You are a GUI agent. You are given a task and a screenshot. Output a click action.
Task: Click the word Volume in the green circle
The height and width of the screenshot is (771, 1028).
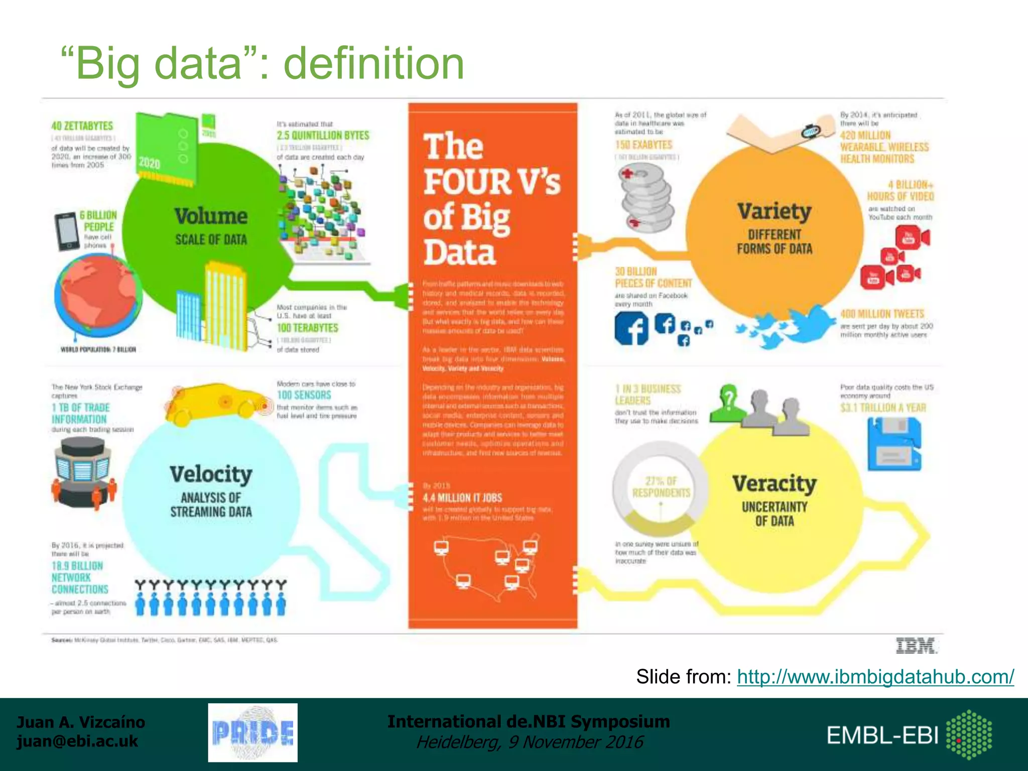(211, 216)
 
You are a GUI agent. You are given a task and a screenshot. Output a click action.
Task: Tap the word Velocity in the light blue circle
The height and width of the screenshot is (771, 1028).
(211, 474)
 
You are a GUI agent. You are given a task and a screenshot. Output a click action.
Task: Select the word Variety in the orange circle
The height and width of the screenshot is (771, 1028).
(774, 212)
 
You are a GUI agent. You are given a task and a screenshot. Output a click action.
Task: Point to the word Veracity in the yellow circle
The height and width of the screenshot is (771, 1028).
(774, 484)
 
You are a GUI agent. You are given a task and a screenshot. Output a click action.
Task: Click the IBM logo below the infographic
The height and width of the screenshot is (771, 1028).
(916, 646)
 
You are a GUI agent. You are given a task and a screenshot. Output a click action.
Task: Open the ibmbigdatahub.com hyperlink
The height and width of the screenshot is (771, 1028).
(875, 677)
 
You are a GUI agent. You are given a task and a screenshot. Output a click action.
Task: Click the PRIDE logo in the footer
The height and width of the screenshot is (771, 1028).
(253, 732)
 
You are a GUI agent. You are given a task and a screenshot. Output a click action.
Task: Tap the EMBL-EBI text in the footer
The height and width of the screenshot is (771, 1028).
(882, 735)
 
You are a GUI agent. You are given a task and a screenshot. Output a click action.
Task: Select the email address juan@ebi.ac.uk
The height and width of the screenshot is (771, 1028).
(77, 741)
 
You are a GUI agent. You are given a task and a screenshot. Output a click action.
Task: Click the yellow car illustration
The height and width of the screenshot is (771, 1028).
(216, 402)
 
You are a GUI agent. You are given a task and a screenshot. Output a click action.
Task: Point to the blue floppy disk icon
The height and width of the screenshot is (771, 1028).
(894, 444)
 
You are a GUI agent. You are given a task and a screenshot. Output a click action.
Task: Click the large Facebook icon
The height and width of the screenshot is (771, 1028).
(631, 328)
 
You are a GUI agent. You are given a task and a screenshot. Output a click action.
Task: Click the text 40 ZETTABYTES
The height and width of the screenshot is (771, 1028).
(82, 126)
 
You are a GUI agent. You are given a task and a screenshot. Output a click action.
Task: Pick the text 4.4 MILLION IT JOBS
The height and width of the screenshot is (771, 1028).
(462, 498)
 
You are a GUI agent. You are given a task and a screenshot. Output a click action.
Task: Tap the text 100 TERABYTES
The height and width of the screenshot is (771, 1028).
(307, 328)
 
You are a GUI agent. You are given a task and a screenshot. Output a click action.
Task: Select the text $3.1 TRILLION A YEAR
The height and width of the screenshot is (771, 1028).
(883, 408)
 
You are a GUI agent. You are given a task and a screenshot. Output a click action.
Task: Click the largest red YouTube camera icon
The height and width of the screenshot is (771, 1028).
(912, 237)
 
